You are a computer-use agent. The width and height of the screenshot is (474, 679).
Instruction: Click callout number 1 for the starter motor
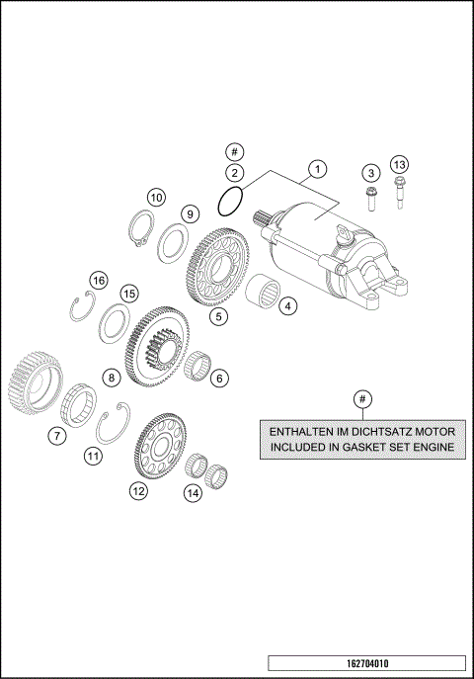(316, 168)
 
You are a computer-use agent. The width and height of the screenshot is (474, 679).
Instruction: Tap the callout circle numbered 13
(399, 164)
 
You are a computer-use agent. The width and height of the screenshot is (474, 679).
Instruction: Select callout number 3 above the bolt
(369, 172)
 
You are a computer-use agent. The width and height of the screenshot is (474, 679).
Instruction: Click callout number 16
(98, 281)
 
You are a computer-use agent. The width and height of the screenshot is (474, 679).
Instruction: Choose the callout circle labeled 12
(138, 489)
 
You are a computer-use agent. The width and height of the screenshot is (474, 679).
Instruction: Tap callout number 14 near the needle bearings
(195, 491)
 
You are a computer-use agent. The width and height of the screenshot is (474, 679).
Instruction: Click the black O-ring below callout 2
(231, 204)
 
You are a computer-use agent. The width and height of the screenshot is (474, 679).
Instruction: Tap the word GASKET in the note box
(356, 449)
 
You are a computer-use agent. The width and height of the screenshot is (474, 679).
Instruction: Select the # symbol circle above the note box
(362, 398)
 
